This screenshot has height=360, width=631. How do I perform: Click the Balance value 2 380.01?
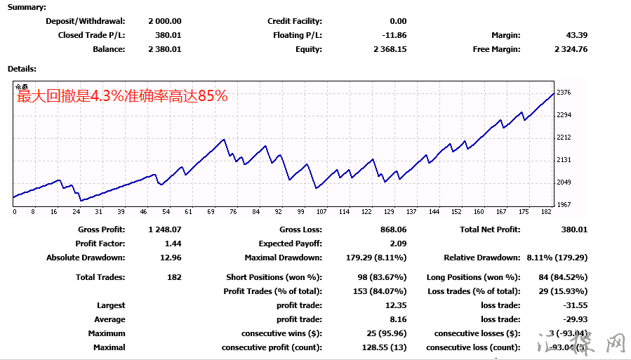[165, 49]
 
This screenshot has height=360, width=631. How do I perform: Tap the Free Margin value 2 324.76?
[571, 49]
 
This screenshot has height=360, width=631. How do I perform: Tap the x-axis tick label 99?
[301, 211]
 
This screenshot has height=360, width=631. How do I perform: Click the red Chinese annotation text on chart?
[123, 97]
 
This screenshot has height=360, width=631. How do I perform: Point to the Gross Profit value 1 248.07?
[165, 229]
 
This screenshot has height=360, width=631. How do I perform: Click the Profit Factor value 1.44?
[173, 244]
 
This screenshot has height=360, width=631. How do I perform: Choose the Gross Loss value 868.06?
[392, 229]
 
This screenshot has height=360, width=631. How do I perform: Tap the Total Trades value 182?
[174, 277]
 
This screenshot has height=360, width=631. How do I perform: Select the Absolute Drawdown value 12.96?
[171, 258]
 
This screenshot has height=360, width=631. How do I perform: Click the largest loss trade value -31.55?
[576, 305]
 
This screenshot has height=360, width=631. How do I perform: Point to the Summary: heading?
[27, 7]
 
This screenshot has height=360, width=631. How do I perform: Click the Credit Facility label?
[295, 21]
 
